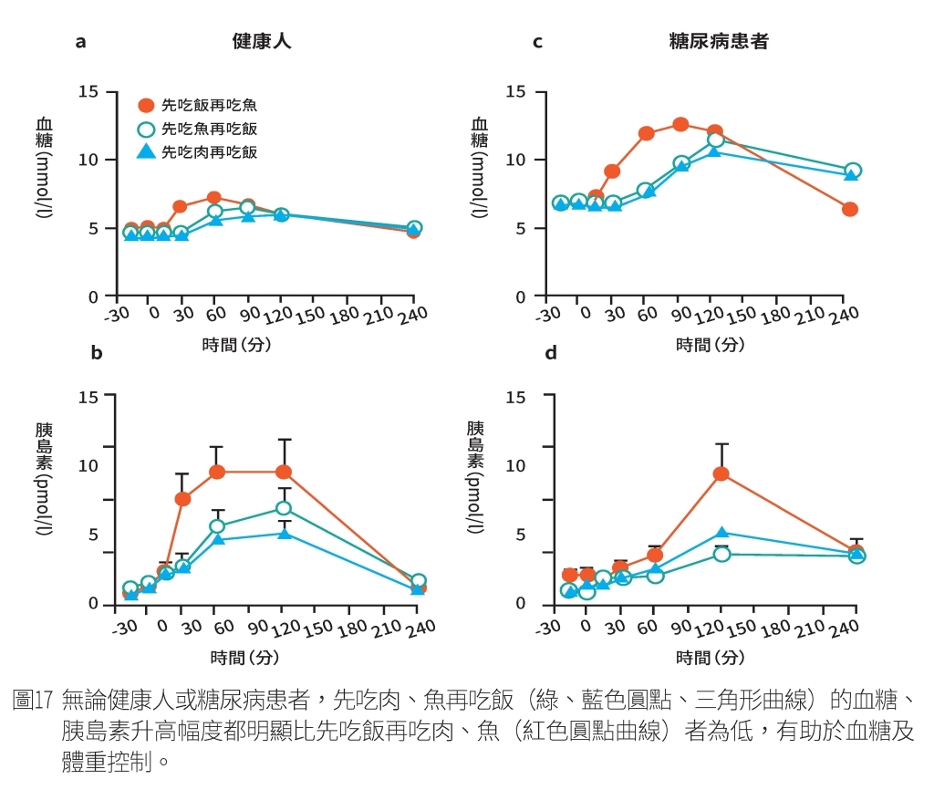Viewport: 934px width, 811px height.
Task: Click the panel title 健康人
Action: pos(262,41)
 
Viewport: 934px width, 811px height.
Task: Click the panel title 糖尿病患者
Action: pos(718,41)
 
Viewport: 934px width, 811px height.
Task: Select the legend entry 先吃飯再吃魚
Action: pos(209,105)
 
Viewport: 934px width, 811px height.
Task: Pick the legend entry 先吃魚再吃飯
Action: pos(209,129)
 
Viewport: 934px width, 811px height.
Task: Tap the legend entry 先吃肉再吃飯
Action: pos(209,152)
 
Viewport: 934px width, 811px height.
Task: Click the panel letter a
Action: pos(80,41)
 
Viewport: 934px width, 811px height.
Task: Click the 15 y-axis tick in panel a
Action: pos(88,92)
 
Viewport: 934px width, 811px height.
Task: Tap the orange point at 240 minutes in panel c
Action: pos(850,209)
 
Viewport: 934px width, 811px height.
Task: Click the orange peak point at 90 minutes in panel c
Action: pos(680,125)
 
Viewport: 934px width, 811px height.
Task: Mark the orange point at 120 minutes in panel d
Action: pos(721,473)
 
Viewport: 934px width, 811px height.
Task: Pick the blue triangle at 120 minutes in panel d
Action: pos(721,533)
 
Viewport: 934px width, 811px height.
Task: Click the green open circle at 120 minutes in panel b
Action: pos(284,508)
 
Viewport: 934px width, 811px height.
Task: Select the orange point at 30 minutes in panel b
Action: pos(182,499)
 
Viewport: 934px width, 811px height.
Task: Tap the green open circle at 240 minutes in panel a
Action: pos(414,228)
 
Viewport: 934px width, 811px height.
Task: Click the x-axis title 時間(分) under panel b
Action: pos(244,657)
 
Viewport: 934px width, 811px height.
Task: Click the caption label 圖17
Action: pos(34,701)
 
